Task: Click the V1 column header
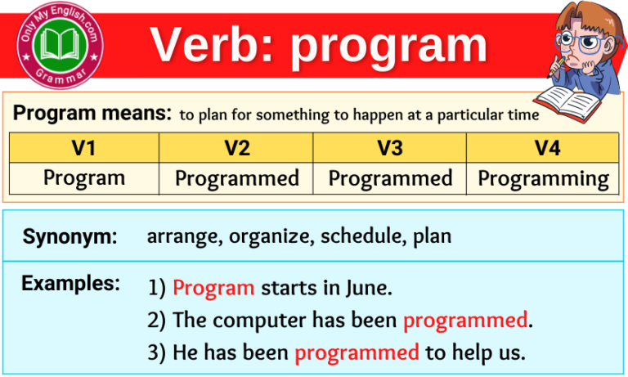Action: click(83, 148)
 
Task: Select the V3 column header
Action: click(389, 148)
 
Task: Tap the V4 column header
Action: click(543, 148)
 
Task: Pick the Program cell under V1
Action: click(83, 177)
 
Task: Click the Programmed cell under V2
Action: click(237, 177)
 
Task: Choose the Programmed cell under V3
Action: click(389, 177)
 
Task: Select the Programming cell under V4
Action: click(543, 177)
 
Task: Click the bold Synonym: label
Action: click(70, 237)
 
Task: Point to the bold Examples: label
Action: click(70, 284)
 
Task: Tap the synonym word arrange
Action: click(185, 237)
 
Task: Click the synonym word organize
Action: click(270, 237)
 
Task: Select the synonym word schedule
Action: click(361, 237)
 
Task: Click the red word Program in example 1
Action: click(214, 288)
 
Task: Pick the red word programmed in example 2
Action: click(464, 320)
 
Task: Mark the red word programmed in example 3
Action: click(357, 352)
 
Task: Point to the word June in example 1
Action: click(365, 288)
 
